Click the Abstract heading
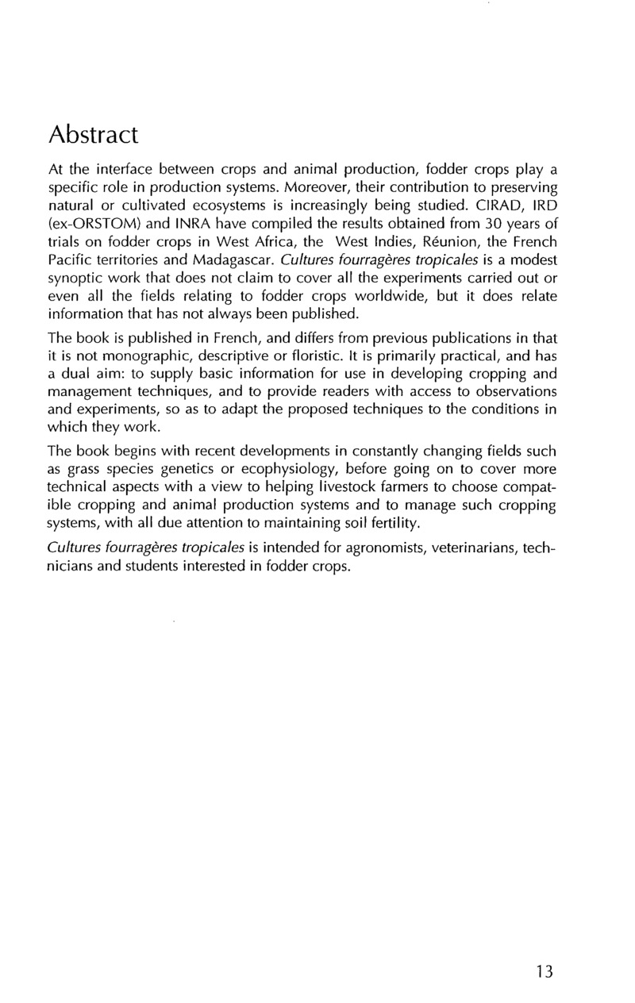pos(94,135)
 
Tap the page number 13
pos(545,971)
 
